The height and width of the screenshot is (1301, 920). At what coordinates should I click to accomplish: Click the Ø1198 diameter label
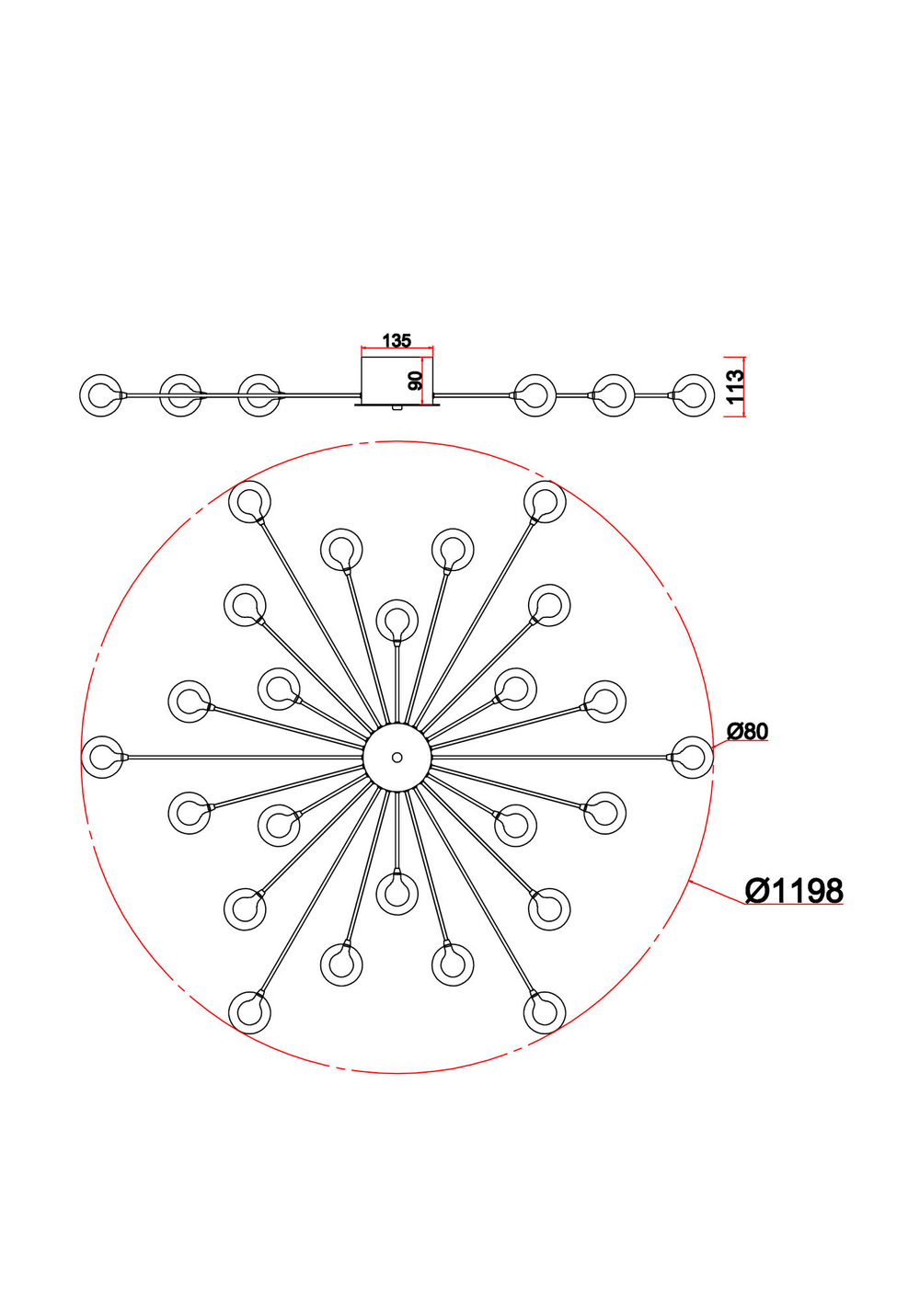[793, 891]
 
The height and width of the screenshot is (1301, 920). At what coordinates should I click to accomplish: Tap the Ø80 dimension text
[747, 732]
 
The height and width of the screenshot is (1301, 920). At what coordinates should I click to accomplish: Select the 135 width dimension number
[397, 341]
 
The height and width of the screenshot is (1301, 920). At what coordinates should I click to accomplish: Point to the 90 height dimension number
[416, 381]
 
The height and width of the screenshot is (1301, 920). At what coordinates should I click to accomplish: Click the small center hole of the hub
[397, 758]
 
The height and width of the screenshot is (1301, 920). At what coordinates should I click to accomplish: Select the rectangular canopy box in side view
[397, 379]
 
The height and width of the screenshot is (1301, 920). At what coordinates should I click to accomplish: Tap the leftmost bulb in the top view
[102, 757]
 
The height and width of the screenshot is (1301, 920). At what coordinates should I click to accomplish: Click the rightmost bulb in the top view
[692, 757]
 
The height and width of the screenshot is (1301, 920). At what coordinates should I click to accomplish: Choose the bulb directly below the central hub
[397, 894]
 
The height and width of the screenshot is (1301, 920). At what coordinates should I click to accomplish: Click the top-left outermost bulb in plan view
[249, 502]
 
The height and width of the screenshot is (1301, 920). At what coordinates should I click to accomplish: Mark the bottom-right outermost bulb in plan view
[545, 1011]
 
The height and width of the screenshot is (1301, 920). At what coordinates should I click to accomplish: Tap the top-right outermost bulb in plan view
[545, 502]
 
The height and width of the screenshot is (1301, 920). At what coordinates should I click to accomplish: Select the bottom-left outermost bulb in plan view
[249, 1011]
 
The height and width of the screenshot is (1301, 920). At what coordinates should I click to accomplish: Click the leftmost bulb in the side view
[101, 394]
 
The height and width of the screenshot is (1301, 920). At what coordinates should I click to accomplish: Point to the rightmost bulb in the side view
[693, 395]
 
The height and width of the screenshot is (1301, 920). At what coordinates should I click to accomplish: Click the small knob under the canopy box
[396, 406]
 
